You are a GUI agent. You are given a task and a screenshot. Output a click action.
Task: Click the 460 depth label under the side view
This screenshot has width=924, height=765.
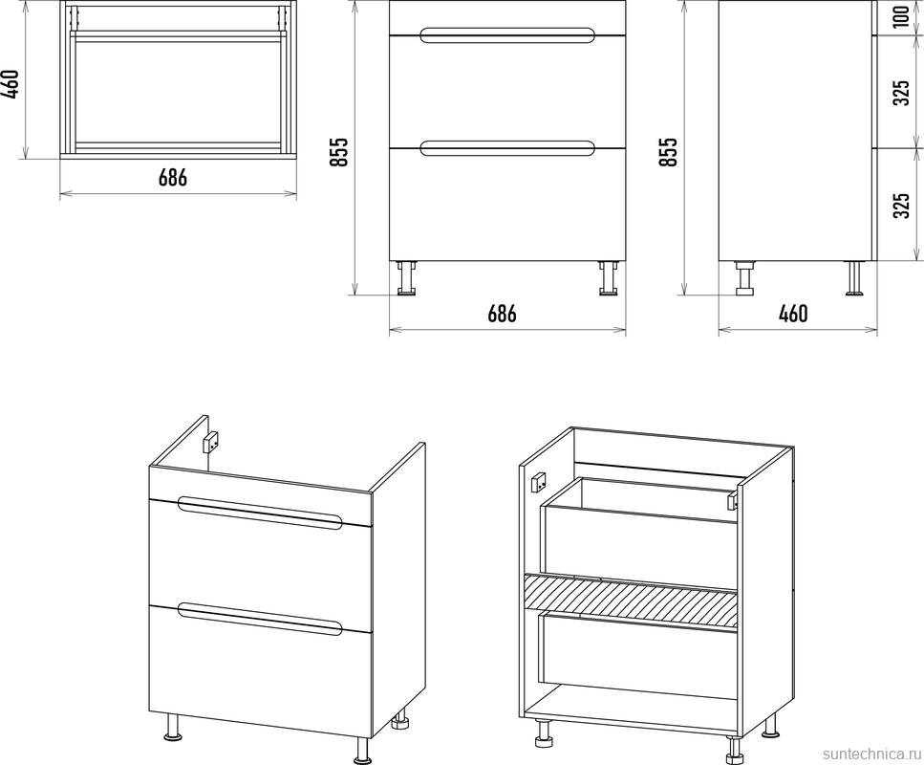(793, 314)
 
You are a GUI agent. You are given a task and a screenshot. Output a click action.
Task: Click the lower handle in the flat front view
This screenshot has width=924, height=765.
(506, 147)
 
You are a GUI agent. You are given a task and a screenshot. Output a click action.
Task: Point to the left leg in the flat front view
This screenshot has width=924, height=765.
(406, 277)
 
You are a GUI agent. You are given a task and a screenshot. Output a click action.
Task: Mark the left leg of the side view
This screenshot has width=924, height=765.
(744, 277)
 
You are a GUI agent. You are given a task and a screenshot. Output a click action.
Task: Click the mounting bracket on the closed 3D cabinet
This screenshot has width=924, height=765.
(212, 443)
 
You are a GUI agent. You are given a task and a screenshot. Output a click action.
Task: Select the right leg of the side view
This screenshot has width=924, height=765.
(855, 277)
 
